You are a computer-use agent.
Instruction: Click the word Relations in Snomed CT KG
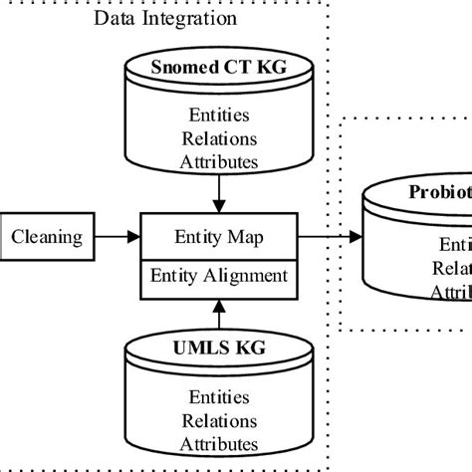click(x=218, y=139)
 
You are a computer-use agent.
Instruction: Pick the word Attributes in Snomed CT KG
click(x=218, y=160)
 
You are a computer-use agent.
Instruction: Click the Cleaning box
click(x=46, y=237)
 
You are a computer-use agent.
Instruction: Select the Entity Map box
click(x=218, y=237)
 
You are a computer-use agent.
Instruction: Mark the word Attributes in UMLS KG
click(x=218, y=444)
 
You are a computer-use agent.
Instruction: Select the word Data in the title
click(x=114, y=20)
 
